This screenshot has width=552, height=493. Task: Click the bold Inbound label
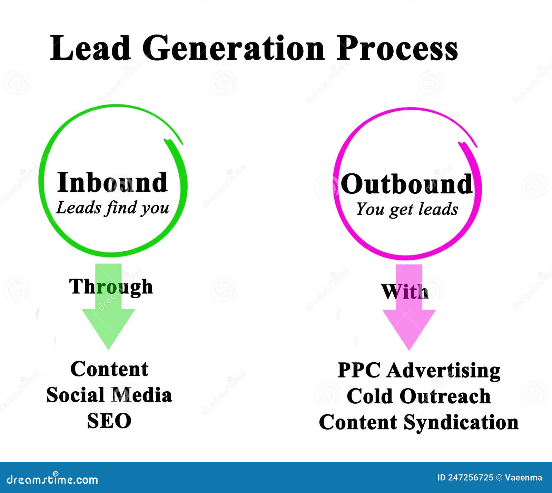(112, 182)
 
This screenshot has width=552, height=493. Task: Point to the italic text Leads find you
(112, 208)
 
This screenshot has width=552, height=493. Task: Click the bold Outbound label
(406, 184)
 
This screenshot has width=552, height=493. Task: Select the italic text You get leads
(407, 209)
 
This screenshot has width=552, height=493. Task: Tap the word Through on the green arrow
(111, 286)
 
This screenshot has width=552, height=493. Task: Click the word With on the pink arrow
(405, 292)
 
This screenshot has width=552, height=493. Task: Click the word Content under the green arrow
(109, 369)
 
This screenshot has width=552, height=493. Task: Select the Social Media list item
(109, 395)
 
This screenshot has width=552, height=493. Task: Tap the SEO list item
(109, 421)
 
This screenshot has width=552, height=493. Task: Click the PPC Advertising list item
(419, 371)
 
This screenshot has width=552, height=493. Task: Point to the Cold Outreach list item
(418, 396)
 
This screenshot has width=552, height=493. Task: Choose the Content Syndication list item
(418, 422)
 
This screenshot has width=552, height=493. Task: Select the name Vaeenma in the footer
(523, 478)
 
